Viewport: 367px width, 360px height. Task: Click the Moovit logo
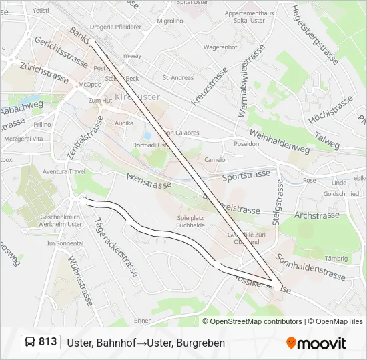coord(316,343)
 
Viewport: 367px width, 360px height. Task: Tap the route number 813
coord(47,342)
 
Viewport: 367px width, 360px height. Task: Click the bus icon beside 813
coord(30,343)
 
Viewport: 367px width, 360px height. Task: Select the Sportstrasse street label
coord(246,175)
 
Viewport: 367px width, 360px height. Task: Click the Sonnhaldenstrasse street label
coord(310,267)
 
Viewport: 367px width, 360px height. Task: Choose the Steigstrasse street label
coord(277,197)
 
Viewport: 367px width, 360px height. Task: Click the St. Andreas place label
coord(178,78)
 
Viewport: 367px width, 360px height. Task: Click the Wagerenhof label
coord(222,48)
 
